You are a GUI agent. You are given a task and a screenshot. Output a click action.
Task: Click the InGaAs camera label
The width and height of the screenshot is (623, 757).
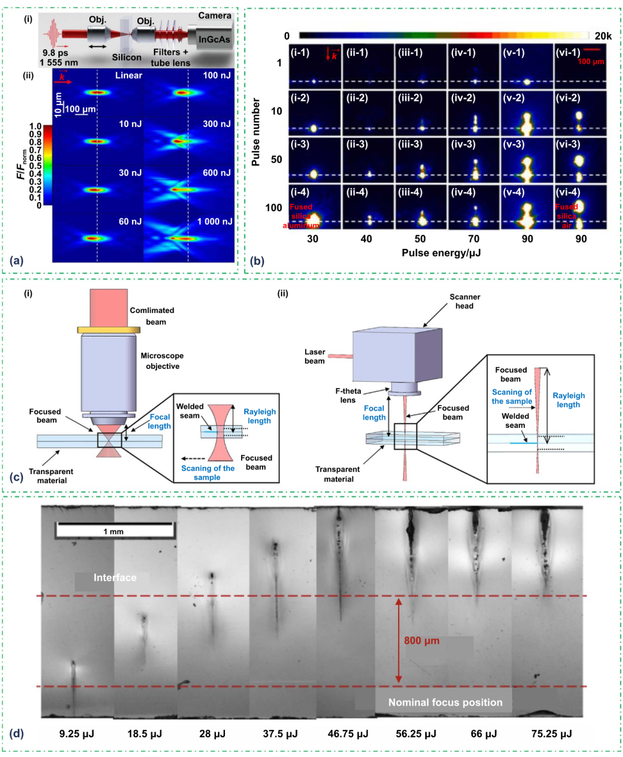pyautogui.click(x=214, y=39)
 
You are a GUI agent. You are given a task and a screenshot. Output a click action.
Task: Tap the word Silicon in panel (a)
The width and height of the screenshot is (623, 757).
pyautogui.click(x=126, y=57)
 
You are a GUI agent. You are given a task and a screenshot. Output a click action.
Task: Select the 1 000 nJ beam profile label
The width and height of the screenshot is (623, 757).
pyautogui.click(x=215, y=222)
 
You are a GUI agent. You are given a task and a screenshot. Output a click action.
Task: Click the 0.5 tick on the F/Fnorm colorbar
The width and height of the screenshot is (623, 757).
pyautogui.click(x=36, y=166)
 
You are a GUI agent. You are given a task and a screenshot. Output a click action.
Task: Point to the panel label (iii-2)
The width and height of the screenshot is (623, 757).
pyautogui.click(x=410, y=98)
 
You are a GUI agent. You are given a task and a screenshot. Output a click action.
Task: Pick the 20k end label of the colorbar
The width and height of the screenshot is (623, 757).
pyautogui.click(x=603, y=36)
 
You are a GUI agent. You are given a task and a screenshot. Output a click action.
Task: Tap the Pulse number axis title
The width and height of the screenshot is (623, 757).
pyautogui.click(x=256, y=132)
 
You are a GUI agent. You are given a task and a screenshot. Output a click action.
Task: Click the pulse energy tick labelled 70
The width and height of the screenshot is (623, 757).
pyautogui.click(x=474, y=238)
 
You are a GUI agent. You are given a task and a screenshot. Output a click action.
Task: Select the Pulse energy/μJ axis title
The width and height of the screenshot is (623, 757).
pyautogui.click(x=441, y=253)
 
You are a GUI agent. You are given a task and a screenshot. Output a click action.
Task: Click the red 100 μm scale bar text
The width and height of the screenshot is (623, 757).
pyautogui.click(x=591, y=62)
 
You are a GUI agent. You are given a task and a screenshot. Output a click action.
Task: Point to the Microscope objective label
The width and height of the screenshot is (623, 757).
pyautogui.click(x=162, y=361)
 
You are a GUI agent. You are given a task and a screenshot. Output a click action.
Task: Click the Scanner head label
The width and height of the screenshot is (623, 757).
pyautogui.click(x=465, y=301)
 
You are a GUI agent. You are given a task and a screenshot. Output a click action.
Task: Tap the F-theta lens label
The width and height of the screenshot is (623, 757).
pyautogui.click(x=348, y=395)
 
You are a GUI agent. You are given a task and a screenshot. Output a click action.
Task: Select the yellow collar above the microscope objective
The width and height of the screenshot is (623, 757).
pyautogui.click(x=108, y=330)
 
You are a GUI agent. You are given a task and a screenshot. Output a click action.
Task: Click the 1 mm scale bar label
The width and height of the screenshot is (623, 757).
pyautogui.click(x=114, y=531)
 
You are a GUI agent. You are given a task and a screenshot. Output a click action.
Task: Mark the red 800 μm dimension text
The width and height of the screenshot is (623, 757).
pyautogui.click(x=422, y=640)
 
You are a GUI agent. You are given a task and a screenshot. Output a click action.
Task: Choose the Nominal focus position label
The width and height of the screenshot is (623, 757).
pyautogui.click(x=445, y=702)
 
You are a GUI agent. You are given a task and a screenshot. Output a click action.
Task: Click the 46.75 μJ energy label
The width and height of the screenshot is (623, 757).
pyautogui.click(x=348, y=734)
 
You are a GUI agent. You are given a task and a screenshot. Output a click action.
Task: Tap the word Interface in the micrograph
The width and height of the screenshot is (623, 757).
pyautogui.click(x=115, y=577)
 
